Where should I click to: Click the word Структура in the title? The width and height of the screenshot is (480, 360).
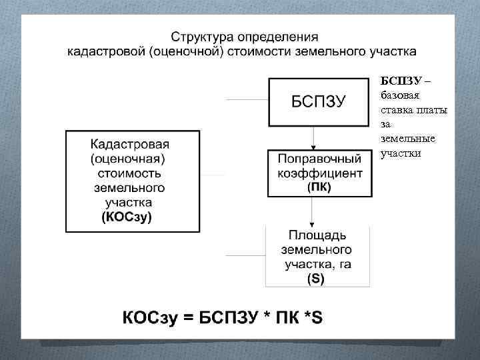[201, 36]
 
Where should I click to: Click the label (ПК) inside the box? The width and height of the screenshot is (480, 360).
[319, 187]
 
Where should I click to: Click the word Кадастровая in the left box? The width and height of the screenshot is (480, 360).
[130, 144]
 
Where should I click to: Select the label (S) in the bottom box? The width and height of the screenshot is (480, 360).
[316, 279]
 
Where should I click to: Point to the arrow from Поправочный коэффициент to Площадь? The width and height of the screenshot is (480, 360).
[313, 211]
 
